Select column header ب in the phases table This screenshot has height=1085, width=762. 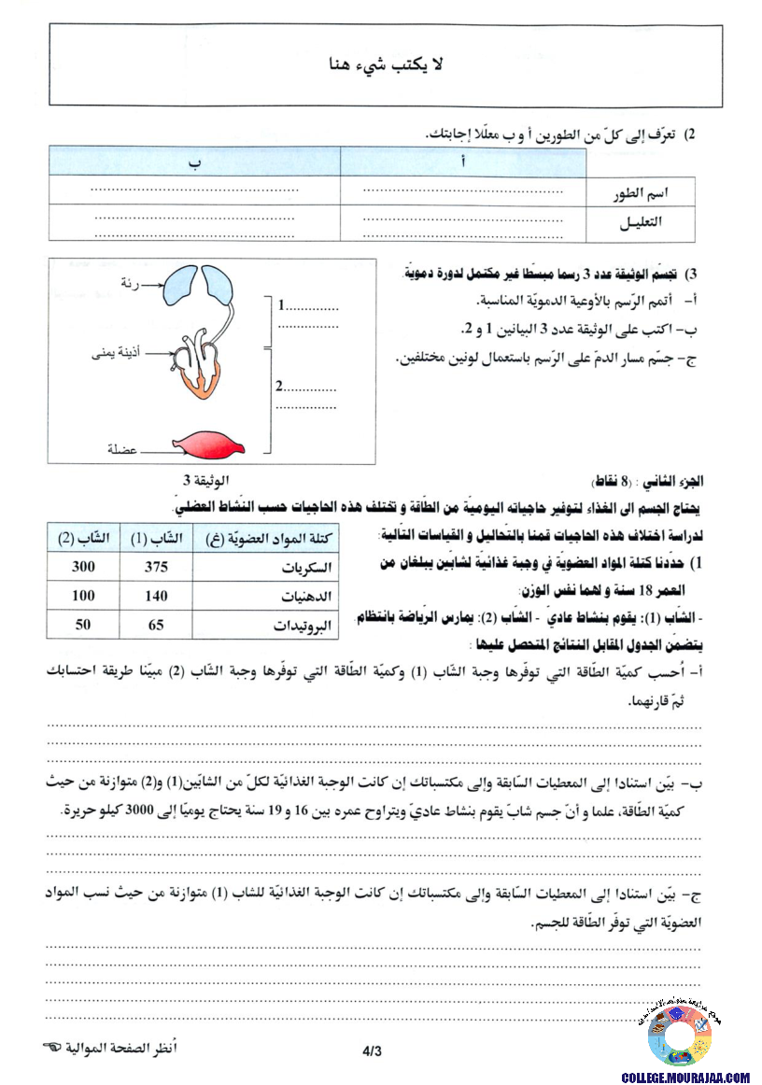tap(195, 162)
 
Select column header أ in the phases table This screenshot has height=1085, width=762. tap(463, 162)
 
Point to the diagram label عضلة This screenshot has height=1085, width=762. tap(121, 450)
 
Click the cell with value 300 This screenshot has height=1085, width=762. tap(83, 567)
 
